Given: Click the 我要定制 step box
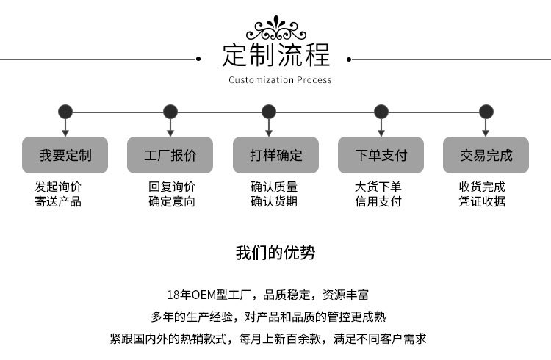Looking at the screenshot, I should [x=65, y=155].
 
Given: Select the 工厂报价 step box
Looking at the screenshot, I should [x=170, y=155].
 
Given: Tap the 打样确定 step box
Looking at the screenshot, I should [x=275, y=155].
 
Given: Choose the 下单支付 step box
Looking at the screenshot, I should [x=381, y=155].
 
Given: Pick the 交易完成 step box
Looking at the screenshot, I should [x=486, y=155].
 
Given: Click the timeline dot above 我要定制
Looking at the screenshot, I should [x=65, y=112].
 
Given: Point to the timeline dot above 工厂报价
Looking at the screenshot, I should [x=170, y=112].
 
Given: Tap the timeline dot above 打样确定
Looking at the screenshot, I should [x=270, y=112].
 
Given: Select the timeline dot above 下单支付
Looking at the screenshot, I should [x=381, y=112].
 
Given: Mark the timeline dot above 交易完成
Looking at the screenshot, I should [x=486, y=112].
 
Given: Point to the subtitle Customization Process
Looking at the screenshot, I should [x=280, y=80].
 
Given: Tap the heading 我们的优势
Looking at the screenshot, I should [x=275, y=253].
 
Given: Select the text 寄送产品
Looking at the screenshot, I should [x=58, y=201].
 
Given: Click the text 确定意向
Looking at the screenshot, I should [x=172, y=201].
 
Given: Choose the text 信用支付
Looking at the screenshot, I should [x=378, y=201].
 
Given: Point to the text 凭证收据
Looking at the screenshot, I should [x=482, y=201].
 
